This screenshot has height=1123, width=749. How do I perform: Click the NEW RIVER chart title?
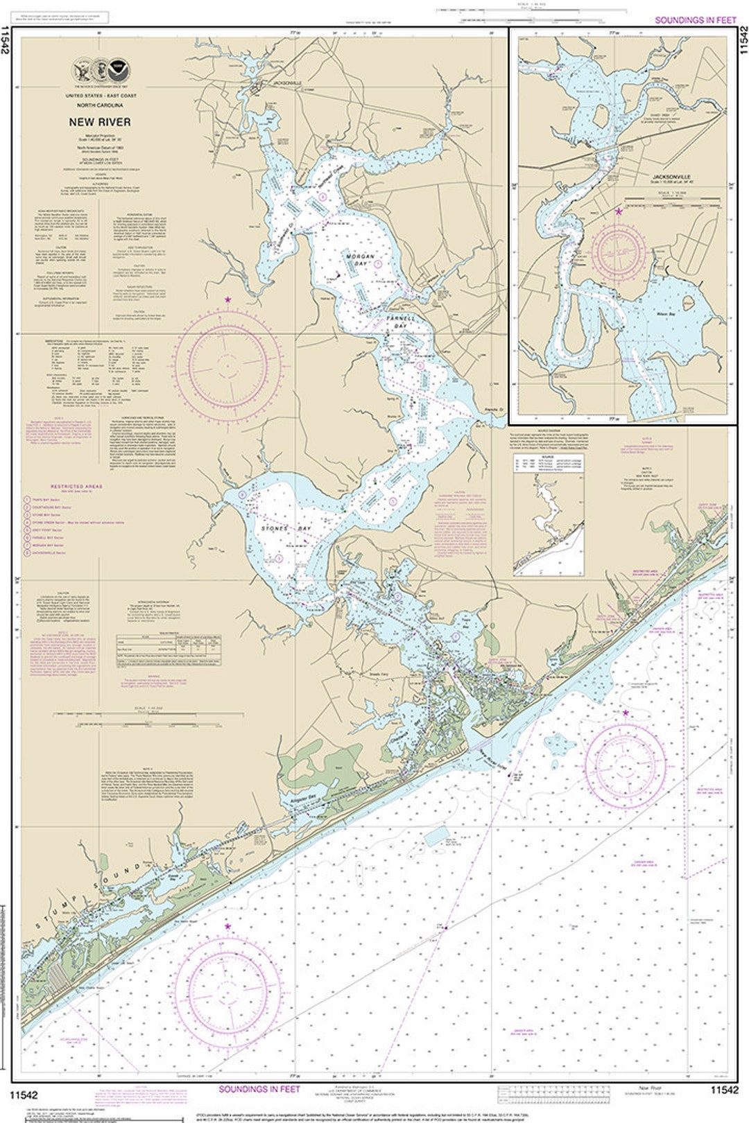98,122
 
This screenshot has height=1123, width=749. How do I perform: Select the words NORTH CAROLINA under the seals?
98,105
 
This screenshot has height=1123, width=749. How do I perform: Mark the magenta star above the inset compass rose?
618,211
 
